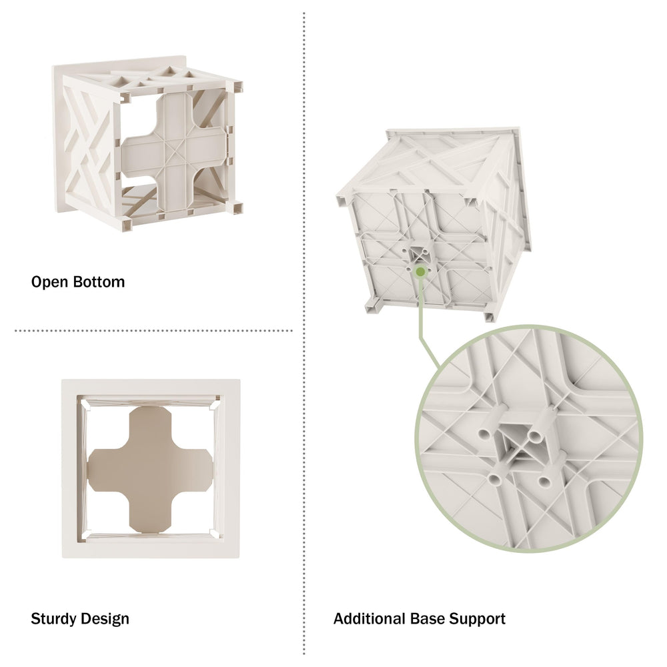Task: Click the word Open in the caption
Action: point(49,282)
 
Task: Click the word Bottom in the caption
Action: point(99,282)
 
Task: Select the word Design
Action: point(105,619)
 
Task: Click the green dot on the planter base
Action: point(420,271)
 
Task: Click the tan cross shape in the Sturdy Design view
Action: point(150,469)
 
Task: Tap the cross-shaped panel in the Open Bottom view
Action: point(174,150)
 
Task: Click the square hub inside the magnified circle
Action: point(516,444)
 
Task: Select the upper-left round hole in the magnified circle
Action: point(485,434)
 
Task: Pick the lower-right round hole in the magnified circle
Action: point(544,482)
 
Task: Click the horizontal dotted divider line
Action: point(153,331)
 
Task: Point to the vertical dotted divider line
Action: point(303,333)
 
